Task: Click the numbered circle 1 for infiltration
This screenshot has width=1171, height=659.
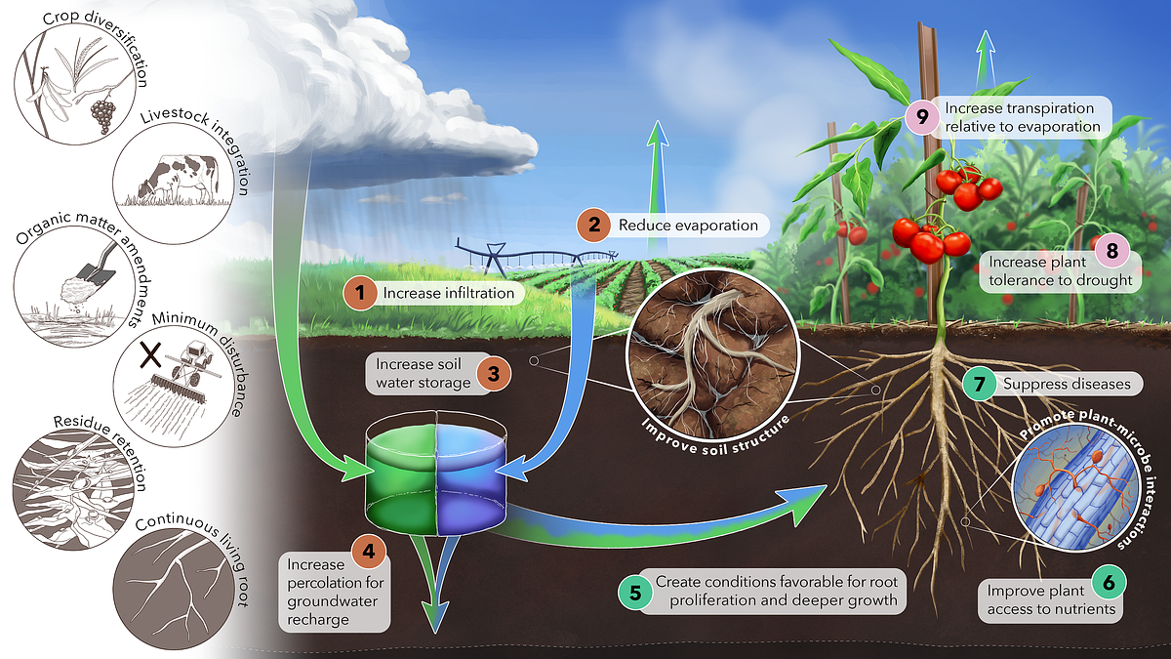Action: pos(362,291)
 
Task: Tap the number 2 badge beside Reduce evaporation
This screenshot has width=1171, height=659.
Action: pos(591,226)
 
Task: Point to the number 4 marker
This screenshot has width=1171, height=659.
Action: pos(368,552)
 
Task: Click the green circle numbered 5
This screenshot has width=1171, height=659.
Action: pos(635,591)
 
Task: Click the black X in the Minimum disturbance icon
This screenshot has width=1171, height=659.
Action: pos(150,354)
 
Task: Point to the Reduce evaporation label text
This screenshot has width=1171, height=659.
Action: pos(688,226)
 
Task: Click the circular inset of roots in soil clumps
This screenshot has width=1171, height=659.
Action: pos(709,357)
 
